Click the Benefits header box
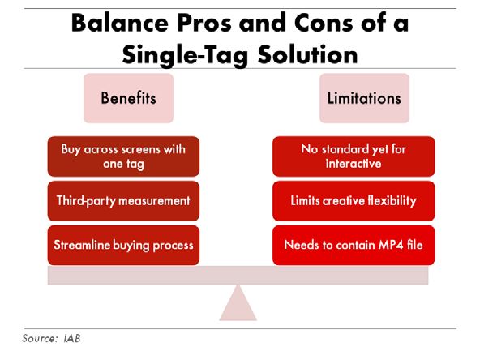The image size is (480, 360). click(x=129, y=98)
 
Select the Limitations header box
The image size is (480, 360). click(x=364, y=98)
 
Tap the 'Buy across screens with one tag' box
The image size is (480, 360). click(x=123, y=156)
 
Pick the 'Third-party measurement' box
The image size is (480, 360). click(x=123, y=201)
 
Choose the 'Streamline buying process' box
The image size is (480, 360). click(x=123, y=245)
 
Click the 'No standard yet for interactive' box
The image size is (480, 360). click(x=354, y=156)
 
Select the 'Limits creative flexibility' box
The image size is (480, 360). click(x=354, y=201)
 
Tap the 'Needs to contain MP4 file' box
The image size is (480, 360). click(x=354, y=245)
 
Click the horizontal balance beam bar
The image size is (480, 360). click(x=238, y=275)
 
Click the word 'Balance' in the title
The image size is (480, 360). click(x=120, y=23)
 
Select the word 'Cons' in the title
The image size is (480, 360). click(x=324, y=23)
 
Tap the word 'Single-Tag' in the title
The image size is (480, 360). click(x=185, y=55)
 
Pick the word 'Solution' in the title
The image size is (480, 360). click(x=307, y=54)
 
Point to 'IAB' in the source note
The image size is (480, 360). click(x=72, y=338)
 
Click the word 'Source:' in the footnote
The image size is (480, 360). click(x=40, y=338)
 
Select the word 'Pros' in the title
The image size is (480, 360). click(x=205, y=23)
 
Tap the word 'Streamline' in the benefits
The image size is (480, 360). click(x=82, y=245)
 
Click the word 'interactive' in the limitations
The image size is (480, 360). click(x=354, y=164)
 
